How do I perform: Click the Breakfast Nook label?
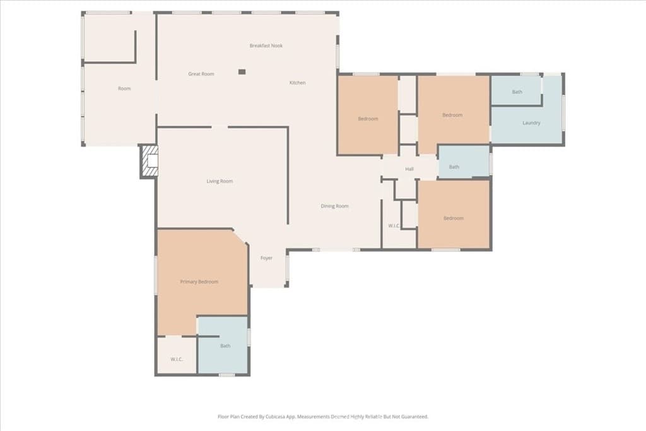(x=266, y=46)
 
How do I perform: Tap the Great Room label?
(x=201, y=74)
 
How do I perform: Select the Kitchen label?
(x=297, y=83)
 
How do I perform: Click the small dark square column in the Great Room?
(x=242, y=72)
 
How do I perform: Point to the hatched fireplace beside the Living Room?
(x=150, y=161)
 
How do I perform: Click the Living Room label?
(x=220, y=181)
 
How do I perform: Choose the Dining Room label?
(x=334, y=206)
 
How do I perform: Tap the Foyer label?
(x=267, y=258)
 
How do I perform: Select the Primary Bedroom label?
(x=199, y=281)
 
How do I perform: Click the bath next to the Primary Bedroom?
(x=225, y=346)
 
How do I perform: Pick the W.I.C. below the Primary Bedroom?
(x=177, y=359)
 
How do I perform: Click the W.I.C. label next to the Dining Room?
(x=394, y=225)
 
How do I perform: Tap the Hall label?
(x=409, y=169)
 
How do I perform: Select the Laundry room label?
(x=531, y=122)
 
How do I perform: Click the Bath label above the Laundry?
(x=517, y=92)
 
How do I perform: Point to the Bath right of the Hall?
(x=454, y=167)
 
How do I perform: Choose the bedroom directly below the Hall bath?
(x=453, y=218)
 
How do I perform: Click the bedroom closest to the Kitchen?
(x=368, y=119)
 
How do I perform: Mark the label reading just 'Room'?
(x=124, y=88)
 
